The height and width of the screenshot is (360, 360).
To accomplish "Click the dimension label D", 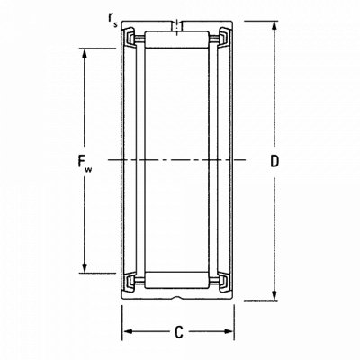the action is [x=274, y=161].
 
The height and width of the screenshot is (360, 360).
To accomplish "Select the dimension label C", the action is [x=179, y=332].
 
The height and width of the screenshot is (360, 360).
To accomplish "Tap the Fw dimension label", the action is [x=85, y=163].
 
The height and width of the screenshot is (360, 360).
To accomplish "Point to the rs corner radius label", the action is [x=113, y=19].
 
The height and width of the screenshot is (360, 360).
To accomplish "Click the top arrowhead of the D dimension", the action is [x=274, y=26].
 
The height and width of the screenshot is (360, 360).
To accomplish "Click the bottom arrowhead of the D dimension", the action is [x=274, y=295].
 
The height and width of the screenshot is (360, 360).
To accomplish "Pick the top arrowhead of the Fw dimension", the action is [x=85, y=53].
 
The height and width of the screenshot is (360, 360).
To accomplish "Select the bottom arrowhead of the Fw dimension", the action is [x=85, y=268].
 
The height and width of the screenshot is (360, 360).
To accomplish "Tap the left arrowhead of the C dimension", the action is [x=128, y=331].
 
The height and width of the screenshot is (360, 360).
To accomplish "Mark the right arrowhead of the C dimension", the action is [x=228, y=331].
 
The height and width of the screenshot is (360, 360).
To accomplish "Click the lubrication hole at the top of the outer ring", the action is [x=178, y=26].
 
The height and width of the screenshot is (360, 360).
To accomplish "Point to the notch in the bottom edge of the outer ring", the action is [x=177, y=298].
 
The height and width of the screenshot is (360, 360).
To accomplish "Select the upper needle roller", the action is [x=176, y=40].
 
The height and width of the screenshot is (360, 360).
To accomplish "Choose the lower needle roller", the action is [x=176, y=281].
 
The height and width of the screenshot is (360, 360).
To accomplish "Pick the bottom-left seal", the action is [x=130, y=283].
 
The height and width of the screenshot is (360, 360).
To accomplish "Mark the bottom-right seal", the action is [x=224, y=283].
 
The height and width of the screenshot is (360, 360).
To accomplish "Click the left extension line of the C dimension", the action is [x=122, y=323].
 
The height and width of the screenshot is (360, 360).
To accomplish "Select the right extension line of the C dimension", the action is [x=234, y=323].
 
